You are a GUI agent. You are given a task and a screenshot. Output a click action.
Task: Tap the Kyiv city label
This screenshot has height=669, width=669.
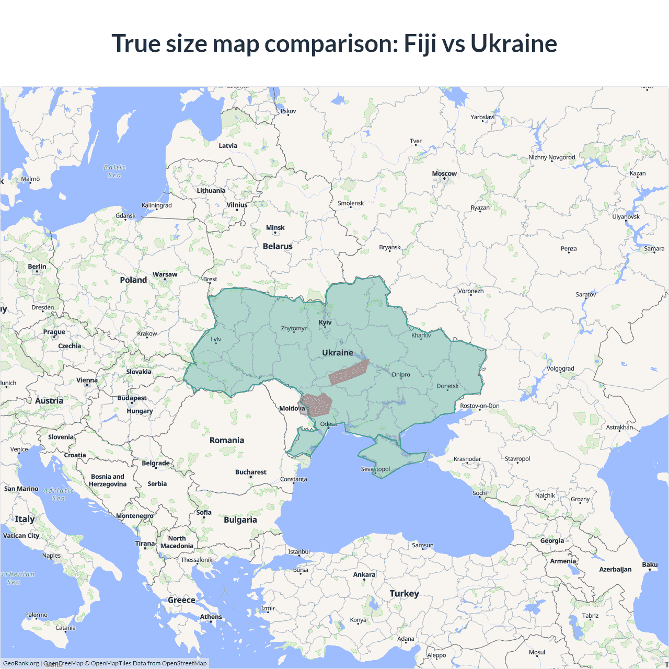325,322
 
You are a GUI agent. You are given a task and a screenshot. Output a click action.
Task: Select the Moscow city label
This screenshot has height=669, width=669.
444,174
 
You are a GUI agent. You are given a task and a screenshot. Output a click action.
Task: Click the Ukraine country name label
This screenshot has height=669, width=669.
338,353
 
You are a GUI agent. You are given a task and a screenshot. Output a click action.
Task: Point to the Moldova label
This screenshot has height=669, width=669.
292,408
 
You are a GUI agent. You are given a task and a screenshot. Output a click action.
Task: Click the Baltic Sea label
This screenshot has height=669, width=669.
115,171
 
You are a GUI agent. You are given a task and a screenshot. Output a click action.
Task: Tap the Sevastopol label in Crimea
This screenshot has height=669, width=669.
375,469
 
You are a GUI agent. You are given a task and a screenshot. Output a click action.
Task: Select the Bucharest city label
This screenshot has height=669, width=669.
250,472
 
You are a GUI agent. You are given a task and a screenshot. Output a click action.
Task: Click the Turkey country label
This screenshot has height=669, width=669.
404,593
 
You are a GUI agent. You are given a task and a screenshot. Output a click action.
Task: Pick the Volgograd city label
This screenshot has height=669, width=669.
560,368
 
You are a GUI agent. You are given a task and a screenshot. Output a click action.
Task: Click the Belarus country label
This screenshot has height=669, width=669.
278,246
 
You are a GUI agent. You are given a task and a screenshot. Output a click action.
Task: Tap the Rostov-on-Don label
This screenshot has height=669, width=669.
479,406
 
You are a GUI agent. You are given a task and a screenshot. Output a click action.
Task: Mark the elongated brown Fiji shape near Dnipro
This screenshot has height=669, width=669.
349,372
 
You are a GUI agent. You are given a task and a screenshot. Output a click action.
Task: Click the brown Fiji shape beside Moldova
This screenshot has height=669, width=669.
318,404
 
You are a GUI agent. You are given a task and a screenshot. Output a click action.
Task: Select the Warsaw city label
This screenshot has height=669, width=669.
165,274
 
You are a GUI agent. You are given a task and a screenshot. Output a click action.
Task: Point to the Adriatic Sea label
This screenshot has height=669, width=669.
59,494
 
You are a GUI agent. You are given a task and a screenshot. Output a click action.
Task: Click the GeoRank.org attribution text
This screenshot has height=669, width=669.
21,663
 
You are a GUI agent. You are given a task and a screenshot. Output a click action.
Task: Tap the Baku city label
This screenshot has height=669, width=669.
650,564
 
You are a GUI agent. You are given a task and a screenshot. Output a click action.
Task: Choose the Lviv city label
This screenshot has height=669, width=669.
216,339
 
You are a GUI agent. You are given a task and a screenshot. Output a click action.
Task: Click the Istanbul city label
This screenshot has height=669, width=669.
299,551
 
